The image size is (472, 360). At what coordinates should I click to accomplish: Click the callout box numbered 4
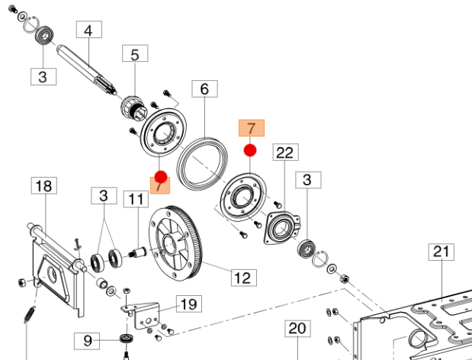tap(88, 31)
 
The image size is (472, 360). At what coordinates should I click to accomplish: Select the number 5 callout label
tap(135, 54)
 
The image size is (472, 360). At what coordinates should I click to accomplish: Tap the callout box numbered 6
tap(204, 89)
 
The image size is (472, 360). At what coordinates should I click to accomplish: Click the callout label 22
tap(284, 153)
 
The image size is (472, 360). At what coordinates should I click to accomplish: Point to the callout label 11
tap(136, 200)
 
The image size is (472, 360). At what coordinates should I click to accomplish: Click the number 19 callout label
tap(189, 304)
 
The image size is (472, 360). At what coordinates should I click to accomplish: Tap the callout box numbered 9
tap(88, 340)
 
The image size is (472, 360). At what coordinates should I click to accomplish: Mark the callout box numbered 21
tap(442, 252)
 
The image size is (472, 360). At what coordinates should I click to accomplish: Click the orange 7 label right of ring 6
tap(251, 127)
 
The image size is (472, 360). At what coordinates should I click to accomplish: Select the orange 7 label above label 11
tap(159, 184)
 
